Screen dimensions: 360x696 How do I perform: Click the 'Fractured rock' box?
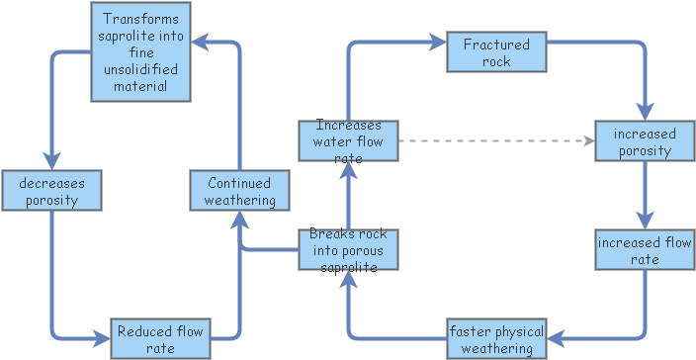click(x=496, y=52)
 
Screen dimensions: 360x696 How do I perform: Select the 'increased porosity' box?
click(x=644, y=141)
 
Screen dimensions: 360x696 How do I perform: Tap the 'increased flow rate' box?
click(x=644, y=250)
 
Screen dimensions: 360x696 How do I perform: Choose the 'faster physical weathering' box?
click(x=496, y=338)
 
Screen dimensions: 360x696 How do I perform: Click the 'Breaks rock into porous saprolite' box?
click(x=348, y=249)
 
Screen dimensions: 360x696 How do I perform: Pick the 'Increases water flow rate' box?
click(x=348, y=140)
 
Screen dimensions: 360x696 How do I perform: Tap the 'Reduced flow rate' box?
click(x=159, y=338)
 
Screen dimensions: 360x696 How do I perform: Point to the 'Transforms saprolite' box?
click(x=140, y=52)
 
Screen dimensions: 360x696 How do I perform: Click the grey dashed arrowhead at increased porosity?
click(x=588, y=141)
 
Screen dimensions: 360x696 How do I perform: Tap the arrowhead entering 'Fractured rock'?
click(x=440, y=43)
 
